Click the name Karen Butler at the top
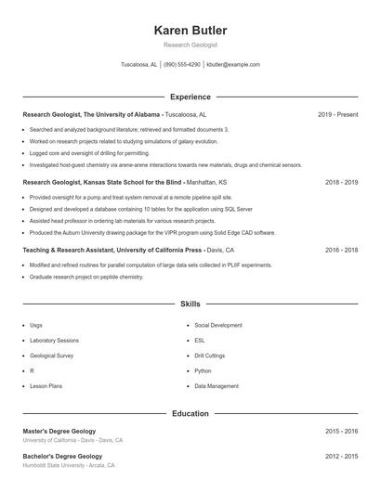pos(190,31)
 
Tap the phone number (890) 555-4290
pos(182,65)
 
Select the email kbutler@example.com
pos(233,65)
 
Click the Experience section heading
pos(190,97)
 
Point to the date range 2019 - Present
pos(337,114)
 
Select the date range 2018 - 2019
pos(341,182)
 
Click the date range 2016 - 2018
pos(341,250)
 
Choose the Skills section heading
pos(190,304)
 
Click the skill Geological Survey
pos(52,355)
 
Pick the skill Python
pos(204,369)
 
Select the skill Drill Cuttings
pos(210,355)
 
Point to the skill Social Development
pos(218,325)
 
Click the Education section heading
pos(190,413)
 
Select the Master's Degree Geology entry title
pos(61,432)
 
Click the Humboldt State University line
pos(69,465)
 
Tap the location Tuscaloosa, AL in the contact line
pos(139,65)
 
